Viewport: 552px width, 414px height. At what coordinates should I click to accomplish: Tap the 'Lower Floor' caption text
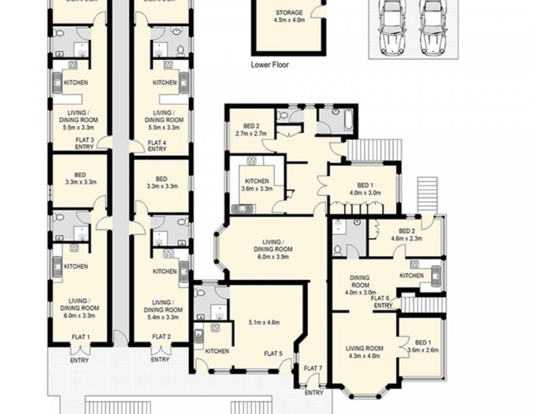(270, 66)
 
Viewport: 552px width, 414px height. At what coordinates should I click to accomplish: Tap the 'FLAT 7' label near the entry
(313, 368)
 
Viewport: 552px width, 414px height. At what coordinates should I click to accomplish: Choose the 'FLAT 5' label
(273, 354)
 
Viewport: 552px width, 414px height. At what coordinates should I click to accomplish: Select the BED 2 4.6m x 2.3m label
(407, 235)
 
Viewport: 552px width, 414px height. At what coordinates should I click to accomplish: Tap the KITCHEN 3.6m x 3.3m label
(256, 185)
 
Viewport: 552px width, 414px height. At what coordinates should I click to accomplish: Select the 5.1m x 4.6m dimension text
(263, 322)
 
